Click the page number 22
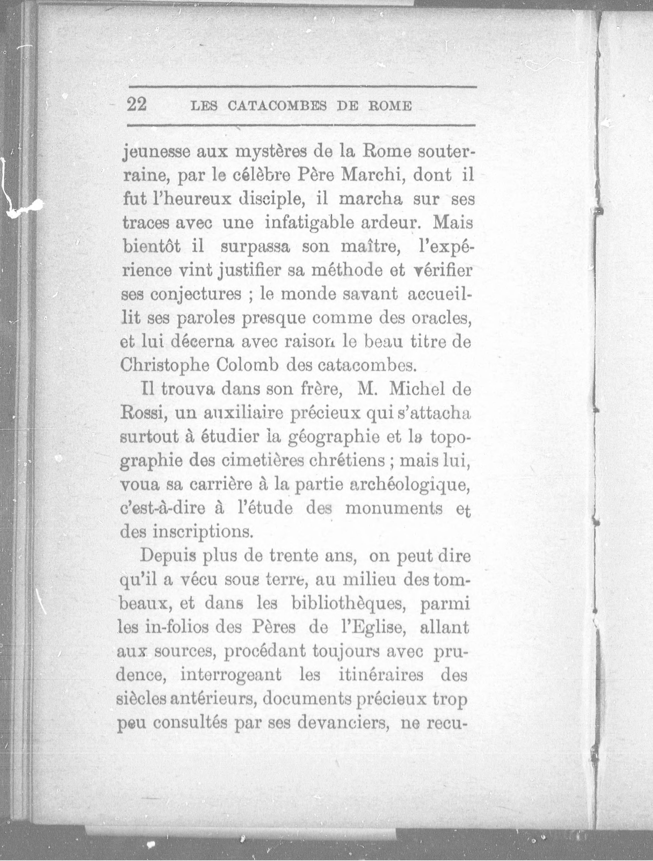point(137,105)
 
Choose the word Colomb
point(246,365)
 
